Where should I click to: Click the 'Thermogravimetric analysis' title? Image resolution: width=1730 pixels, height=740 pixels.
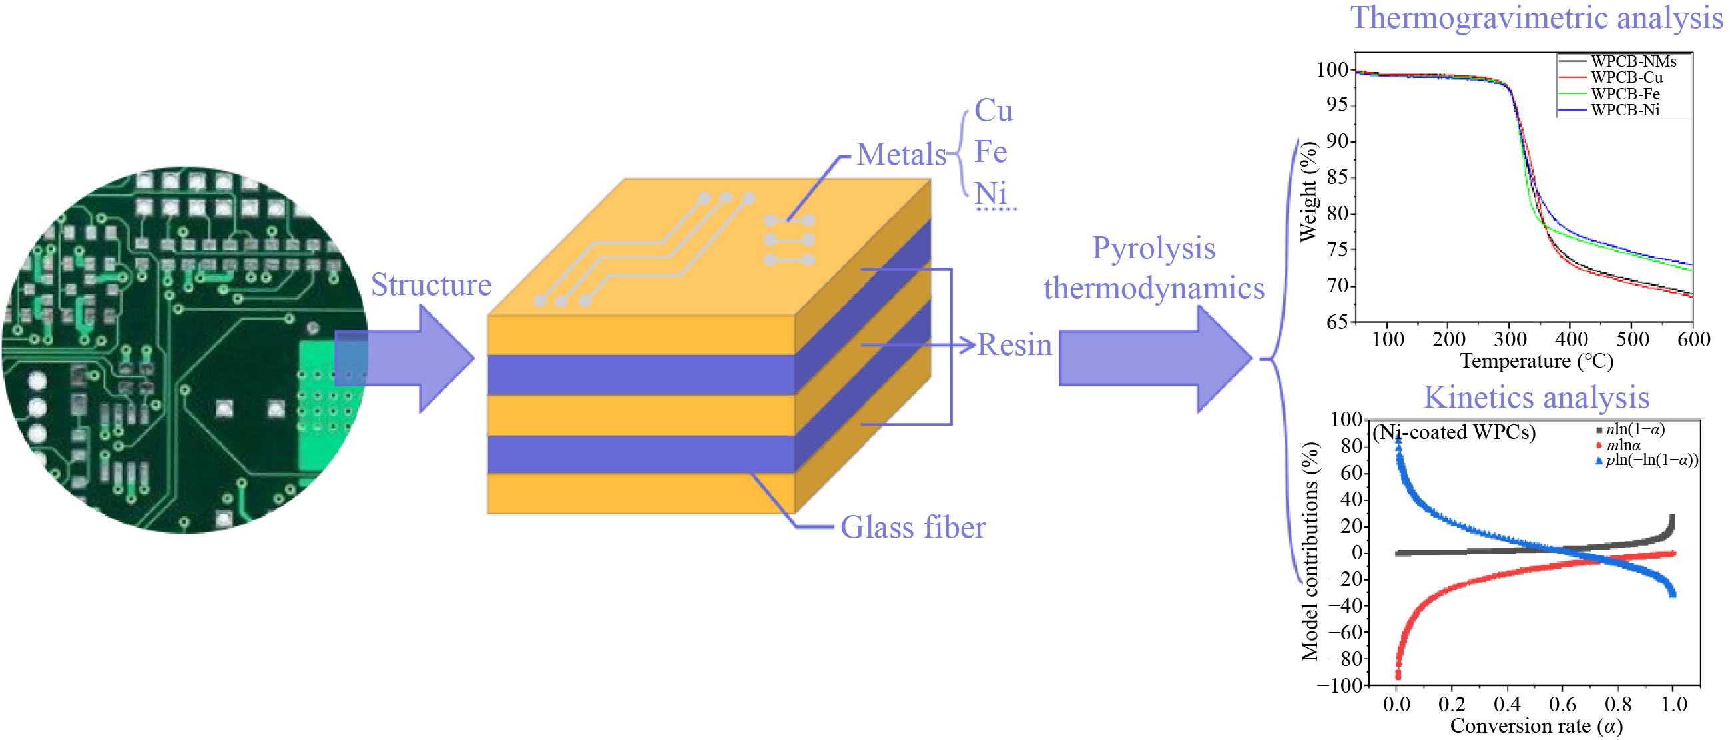click(1537, 18)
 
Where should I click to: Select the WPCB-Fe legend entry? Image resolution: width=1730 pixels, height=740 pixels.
click(1608, 93)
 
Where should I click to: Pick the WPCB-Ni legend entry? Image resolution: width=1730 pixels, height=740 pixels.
click(1608, 109)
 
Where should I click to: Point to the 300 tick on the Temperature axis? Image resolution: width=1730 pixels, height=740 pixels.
click(1510, 338)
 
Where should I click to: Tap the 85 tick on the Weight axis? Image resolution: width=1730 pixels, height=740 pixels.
click(1337, 177)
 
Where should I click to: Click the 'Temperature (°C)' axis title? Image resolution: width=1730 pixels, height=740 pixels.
click(1537, 361)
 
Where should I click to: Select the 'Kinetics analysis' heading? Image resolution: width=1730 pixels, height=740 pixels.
click(1537, 397)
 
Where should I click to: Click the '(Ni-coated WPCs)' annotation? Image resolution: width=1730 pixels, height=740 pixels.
click(1454, 432)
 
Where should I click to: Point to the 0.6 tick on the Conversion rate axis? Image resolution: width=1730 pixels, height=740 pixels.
click(1562, 704)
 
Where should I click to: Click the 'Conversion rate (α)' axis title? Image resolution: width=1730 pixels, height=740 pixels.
click(1537, 726)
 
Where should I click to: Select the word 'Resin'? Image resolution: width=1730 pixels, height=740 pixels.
click(1014, 344)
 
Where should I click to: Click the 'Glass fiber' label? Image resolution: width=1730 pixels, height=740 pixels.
click(913, 527)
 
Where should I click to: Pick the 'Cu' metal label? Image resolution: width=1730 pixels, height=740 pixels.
click(994, 110)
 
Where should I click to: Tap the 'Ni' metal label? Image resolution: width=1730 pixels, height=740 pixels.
click(992, 193)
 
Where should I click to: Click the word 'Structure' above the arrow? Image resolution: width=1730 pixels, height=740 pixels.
click(431, 284)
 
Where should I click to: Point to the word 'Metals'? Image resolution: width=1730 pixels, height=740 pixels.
click(901, 154)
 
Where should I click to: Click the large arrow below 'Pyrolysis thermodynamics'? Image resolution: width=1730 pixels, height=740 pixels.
click(1155, 358)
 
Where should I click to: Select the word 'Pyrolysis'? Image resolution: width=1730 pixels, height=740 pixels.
click(1154, 248)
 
